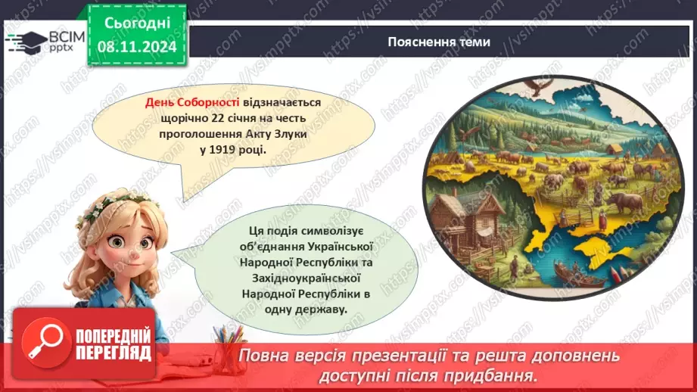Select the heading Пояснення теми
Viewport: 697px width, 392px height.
[438, 42]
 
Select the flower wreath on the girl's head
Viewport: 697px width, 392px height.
[114, 203]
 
